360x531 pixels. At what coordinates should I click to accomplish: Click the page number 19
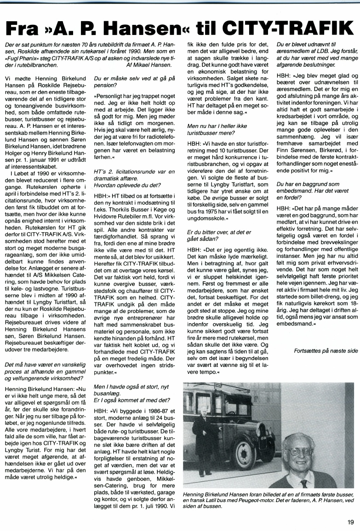tap(351, 521)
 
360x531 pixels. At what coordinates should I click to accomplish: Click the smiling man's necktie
tap(304, 483)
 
